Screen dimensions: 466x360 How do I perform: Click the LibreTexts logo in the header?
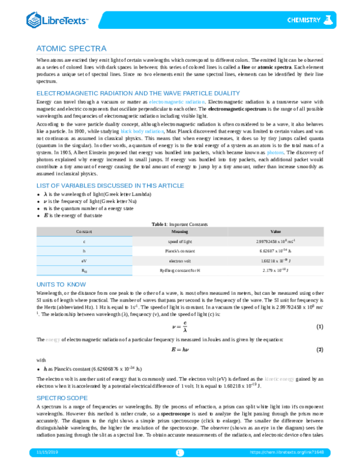point(57,21)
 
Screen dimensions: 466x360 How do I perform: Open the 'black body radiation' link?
point(142,130)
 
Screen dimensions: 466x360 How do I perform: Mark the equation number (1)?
point(320,326)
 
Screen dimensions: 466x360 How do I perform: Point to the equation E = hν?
point(179,349)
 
